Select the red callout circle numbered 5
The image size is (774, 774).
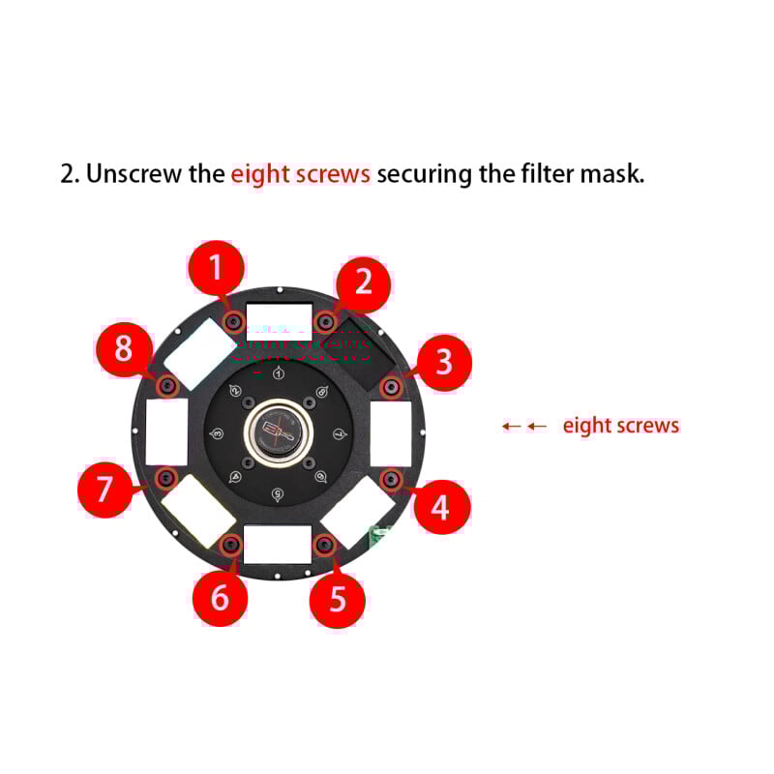click(338, 599)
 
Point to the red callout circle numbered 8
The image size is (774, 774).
click(123, 348)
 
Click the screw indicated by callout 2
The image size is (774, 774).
click(326, 321)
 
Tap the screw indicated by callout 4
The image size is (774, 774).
click(391, 479)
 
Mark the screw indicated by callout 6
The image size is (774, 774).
click(231, 546)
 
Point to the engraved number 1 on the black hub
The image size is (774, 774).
click(279, 373)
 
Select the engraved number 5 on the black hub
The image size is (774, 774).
click(279, 494)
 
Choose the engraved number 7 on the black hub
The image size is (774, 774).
click(339, 433)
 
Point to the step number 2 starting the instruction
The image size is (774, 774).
click(69, 175)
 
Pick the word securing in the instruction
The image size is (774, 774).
click(424, 175)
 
